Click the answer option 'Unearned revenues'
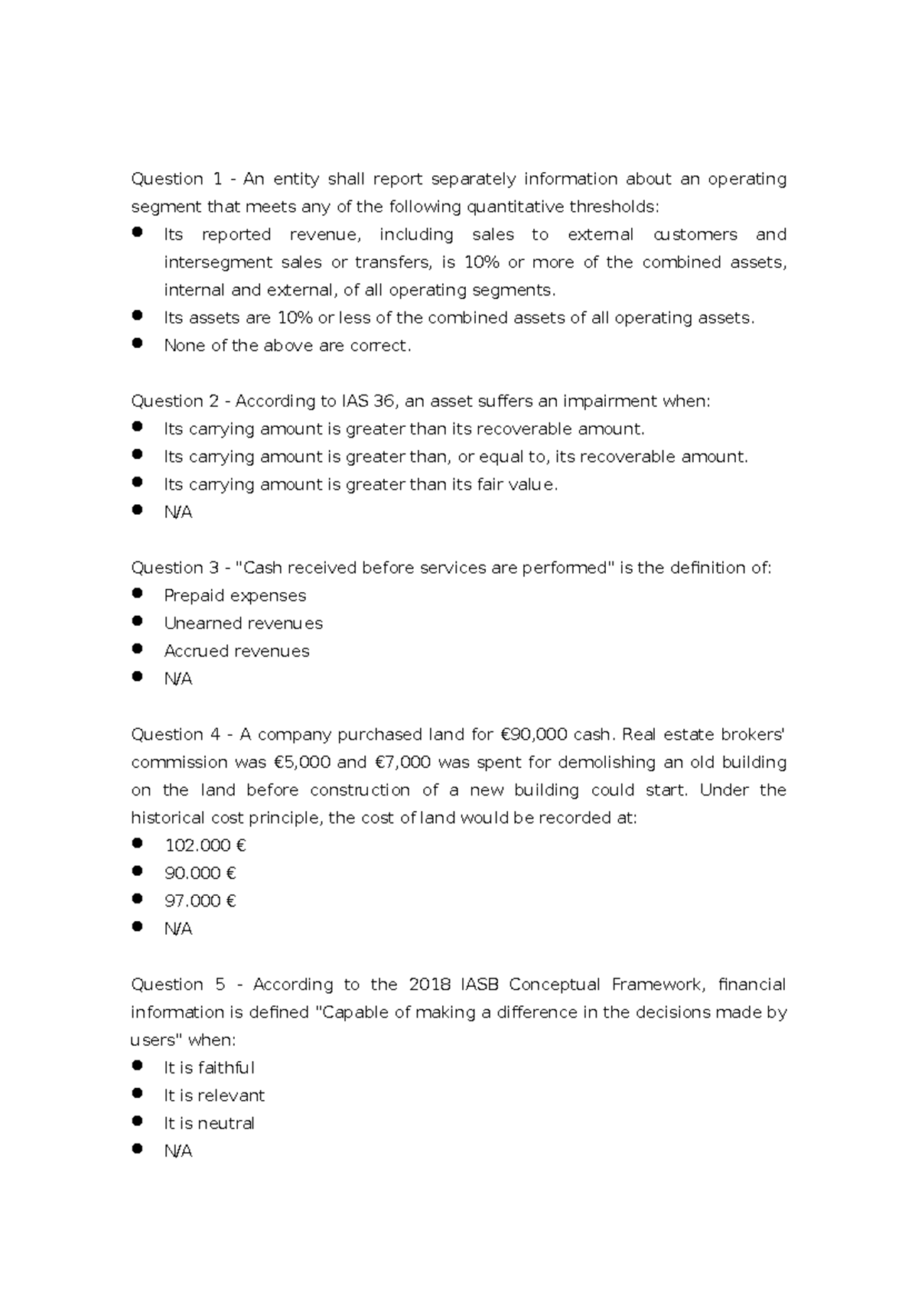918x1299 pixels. click(x=243, y=623)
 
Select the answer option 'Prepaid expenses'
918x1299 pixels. click(x=235, y=596)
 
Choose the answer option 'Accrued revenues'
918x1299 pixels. click(x=236, y=651)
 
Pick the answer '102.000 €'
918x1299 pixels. click(x=205, y=845)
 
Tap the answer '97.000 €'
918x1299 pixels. click(x=200, y=901)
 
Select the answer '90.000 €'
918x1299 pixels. click(x=200, y=873)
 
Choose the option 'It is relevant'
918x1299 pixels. click(x=214, y=1096)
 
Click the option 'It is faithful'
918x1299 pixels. click(x=209, y=1068)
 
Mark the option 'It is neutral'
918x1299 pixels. click(x=209, y=1123)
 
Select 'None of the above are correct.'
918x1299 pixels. click(x=288, y=346)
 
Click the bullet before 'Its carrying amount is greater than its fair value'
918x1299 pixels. click(x=138, y=482)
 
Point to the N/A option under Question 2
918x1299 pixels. click(x=177, y=513)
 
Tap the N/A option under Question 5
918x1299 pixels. click(x=177, y=1151)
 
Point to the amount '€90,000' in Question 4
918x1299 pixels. click(x=533, y=735)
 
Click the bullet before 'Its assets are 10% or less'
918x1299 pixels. click(x=138, y=315)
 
